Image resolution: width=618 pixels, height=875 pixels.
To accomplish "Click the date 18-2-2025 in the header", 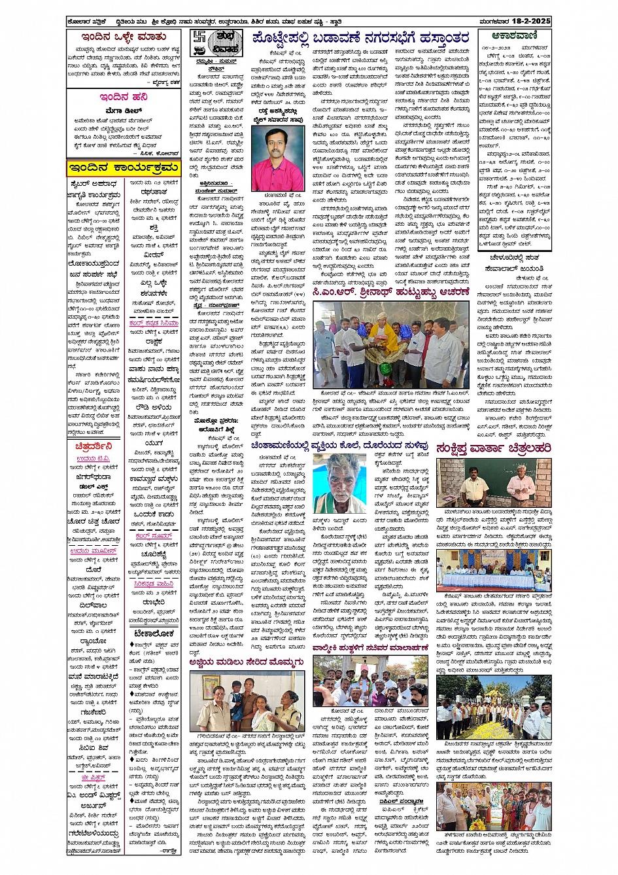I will (x=532, y=21).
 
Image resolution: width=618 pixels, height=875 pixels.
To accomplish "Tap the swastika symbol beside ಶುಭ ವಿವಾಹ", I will (x=199, y=39).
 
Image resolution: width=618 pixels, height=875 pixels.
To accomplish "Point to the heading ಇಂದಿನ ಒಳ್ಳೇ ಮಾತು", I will (x=123, y=37).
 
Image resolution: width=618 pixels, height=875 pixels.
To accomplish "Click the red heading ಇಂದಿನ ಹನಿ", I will (x=124, y=97).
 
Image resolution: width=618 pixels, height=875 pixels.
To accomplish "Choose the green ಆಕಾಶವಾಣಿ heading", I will (x=515, y=37).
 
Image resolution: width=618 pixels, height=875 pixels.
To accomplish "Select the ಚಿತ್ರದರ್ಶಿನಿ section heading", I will (x=93, y=446).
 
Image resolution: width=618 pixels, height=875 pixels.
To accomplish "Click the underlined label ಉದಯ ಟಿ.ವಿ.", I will (x=93, y=458).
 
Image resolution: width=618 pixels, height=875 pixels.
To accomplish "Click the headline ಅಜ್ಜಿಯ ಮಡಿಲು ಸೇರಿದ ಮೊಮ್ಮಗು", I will (x=247, y=662).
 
